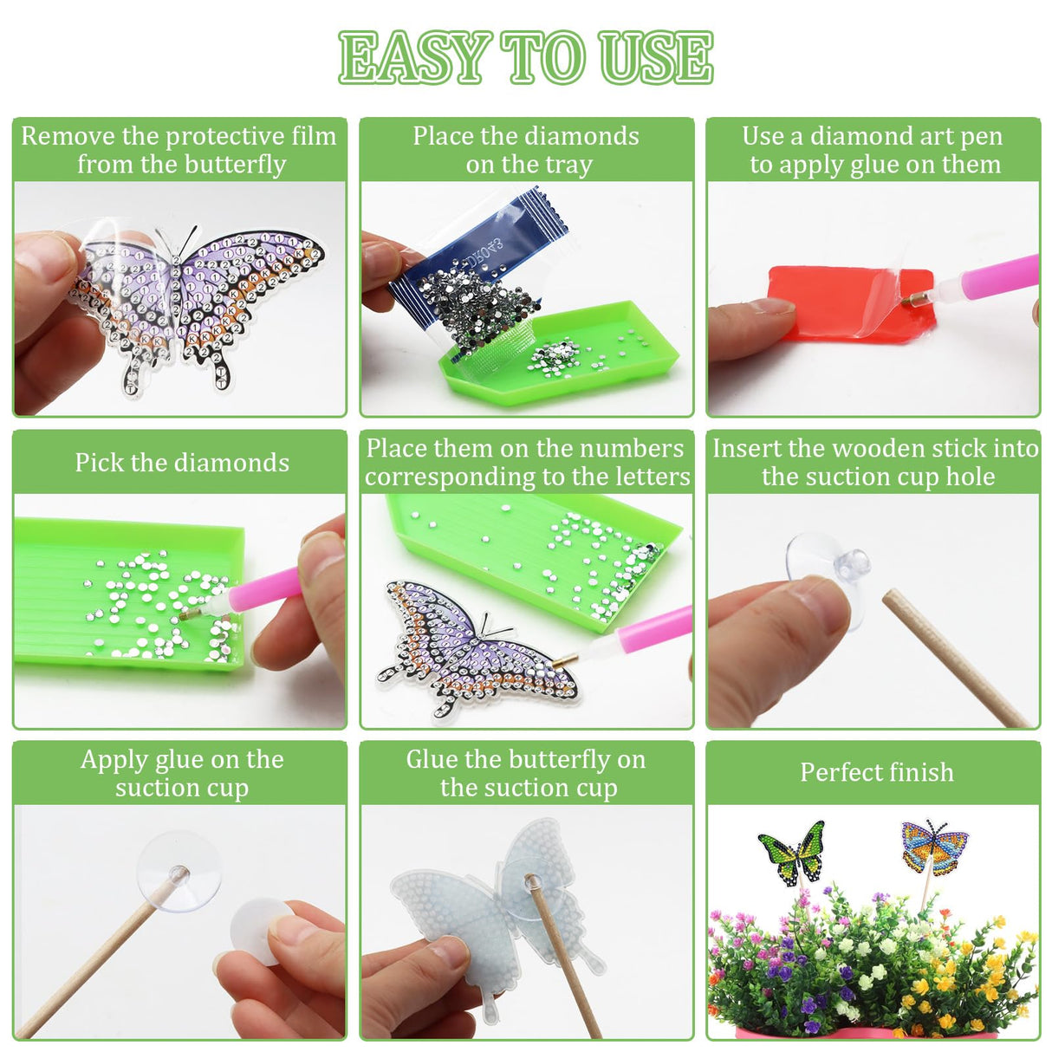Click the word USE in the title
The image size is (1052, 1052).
click(x=655, y=58)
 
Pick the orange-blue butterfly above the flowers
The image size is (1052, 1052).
click(x=933, y=847)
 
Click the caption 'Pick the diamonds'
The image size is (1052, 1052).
click(x=182, y=463)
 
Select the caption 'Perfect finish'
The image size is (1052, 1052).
click(x=876, y=772)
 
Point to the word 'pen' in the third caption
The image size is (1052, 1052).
click(x=981, y=136)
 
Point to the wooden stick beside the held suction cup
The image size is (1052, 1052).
click(x=953, y=659)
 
